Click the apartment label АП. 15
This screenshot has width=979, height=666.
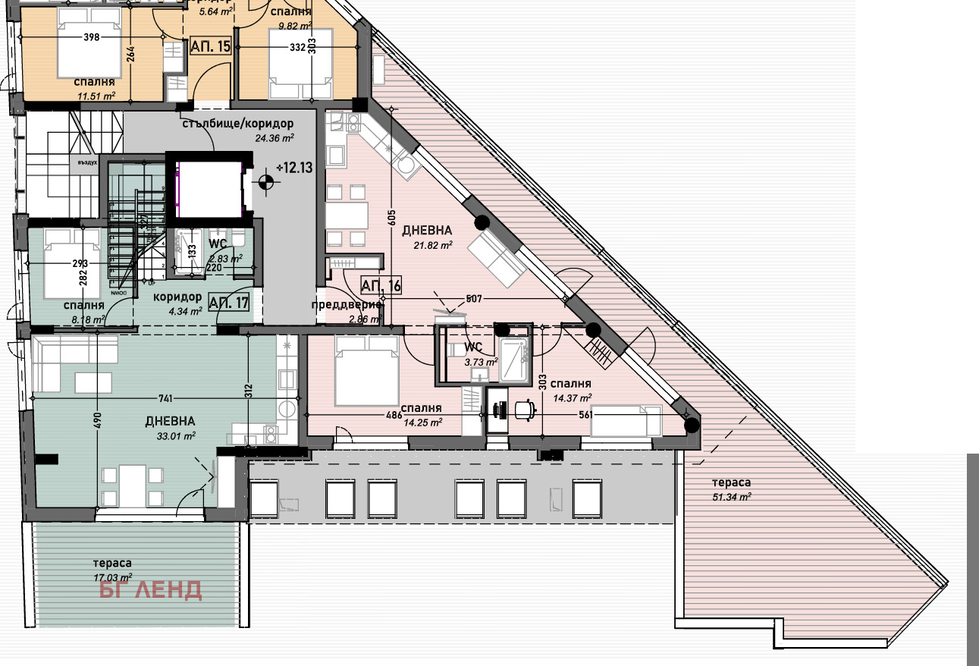pyautogui.click(x=211, y=45)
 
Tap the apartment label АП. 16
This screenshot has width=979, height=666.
pyautogui.click(x=381, y=286)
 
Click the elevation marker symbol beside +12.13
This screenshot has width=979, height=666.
pyautogui.click(x=265, y=181)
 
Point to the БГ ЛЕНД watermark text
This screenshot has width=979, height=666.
pyautogui.click(x=151, y=589)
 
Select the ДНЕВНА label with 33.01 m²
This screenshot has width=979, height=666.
pyautogui.click(x=171, y=421)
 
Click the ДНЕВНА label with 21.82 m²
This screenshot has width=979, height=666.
pyautogui.click(x=427, y=230)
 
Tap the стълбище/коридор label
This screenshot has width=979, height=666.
pyautogui.click(x=237, y=124)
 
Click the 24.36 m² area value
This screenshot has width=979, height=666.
pyautogui.click(x=275, y=138)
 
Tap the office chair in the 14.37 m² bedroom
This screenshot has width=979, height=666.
pyautogui.click(x=524, y=410)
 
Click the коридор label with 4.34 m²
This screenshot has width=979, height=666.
pyautogui.click(x=178, y=297)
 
